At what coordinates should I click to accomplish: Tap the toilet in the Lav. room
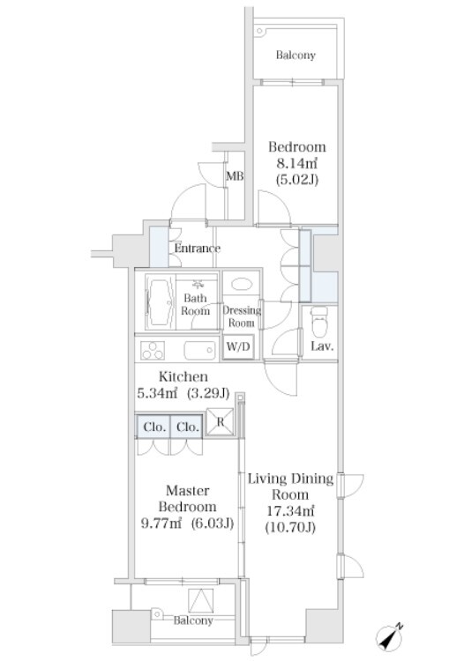pos(319,322)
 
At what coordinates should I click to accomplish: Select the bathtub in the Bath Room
pos(160,301)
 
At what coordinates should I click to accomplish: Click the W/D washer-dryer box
pos(238,347)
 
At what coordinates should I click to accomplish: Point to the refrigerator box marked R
pos(220,422)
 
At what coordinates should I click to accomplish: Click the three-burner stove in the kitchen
pos(153,350)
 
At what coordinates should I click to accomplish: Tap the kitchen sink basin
pos(199,350)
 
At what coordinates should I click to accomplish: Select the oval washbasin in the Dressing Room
pos(242,284)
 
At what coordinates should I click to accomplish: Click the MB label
pos(235,175)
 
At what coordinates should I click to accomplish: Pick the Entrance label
pos(197,249)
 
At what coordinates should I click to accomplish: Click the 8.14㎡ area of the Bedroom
pos(296,163)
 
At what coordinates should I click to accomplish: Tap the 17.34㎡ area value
pos(290,511)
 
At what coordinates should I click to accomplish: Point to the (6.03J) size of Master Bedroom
pos(212,524)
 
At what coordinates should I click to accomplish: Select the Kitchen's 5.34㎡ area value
pos(156,393)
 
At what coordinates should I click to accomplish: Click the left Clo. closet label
pos(154,427)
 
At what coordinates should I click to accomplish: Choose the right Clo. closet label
pos(188,427)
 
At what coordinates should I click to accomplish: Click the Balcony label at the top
pos(296,56)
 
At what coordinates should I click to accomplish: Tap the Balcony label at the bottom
pos(193,620)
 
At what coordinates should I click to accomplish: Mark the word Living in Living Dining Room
pos(266,479)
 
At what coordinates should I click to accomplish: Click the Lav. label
pos(322,347)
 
